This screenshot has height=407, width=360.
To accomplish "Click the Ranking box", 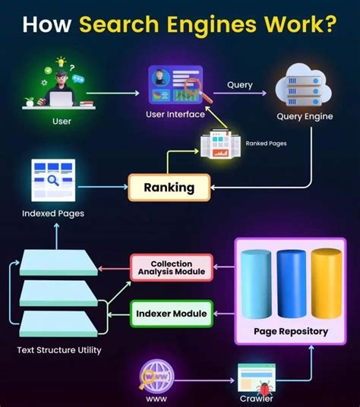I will (169, 187).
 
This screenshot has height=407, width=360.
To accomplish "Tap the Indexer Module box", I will (172, 312).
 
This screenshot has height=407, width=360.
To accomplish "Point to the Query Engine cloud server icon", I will (304, 85).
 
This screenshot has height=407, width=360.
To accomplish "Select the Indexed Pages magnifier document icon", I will (52, 180).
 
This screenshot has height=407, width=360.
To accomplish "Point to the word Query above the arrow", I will (240, 85).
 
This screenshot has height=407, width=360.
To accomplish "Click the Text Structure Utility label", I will (58, 351).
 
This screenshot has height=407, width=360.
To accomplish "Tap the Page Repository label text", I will (291, 331).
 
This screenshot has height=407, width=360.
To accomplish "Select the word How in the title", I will (48, 25).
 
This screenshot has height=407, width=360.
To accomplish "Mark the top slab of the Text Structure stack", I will (58, 262).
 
